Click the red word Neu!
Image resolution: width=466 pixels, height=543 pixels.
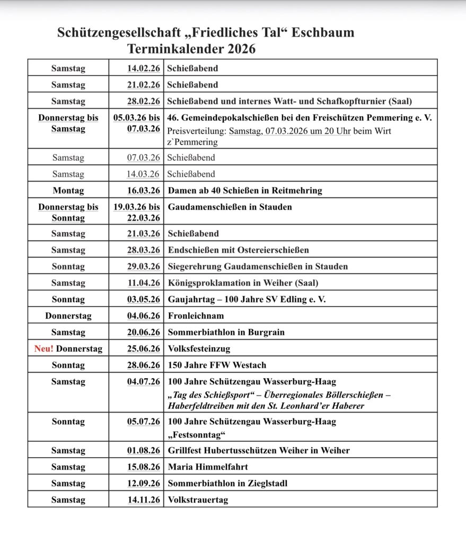[x=43, y=349]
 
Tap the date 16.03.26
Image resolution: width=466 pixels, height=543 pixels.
[x=143, y=190]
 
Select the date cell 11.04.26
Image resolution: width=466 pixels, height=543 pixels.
[x=143, y=283]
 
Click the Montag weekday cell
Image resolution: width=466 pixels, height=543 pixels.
[x=68, y=190]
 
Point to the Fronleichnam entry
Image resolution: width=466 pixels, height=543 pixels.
[x=196, y=316]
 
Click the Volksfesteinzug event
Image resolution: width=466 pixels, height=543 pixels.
[x=199, y=349]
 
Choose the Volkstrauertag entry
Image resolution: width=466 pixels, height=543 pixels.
[x=198, y=500]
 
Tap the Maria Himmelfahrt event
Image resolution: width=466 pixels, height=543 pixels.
[x=208, y=467]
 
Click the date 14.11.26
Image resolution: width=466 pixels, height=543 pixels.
[x=143, y=500]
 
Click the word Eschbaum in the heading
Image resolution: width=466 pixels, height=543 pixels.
[x=324, y=33]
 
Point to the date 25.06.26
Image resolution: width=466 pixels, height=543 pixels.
[x=143, y=349]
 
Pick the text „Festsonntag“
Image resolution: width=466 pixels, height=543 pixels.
[x=197, y=435]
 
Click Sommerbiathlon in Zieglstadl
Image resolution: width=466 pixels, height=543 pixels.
[x=227, y=484]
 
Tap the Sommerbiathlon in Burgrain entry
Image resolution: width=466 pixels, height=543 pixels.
[x=226, y=332]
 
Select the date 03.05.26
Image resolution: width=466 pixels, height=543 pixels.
[x=143, y=300]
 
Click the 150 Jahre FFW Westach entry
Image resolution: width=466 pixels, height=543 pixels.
[x=217, y=365]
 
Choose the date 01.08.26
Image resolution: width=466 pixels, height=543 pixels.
[x=143, y=451]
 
